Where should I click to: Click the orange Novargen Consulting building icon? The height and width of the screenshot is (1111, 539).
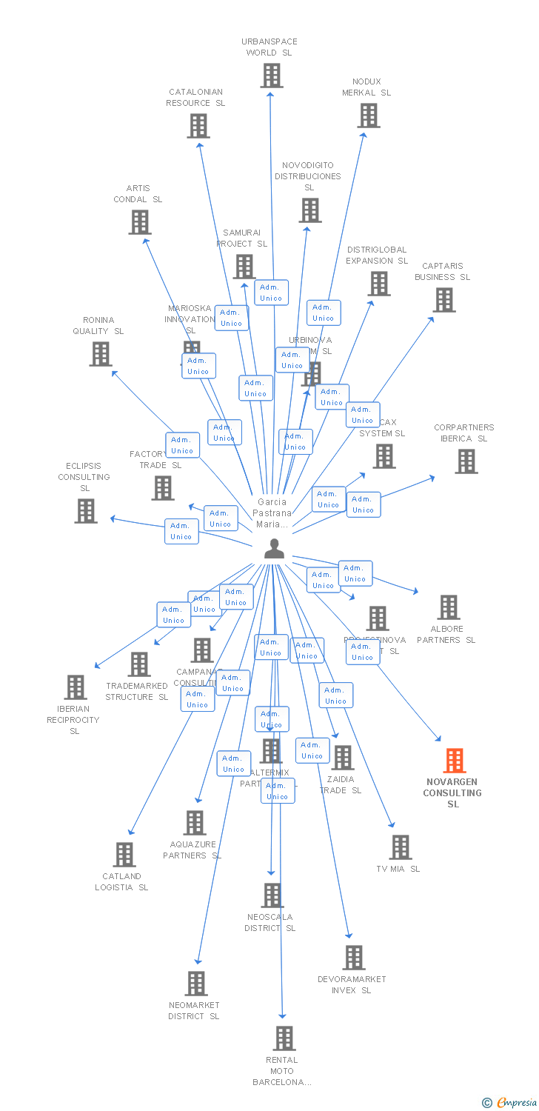click(x=454, y=761)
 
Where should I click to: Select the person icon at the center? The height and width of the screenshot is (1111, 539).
click(x=274, y=549)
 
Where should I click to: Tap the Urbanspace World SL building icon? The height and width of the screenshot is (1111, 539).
click(x=271, y=76)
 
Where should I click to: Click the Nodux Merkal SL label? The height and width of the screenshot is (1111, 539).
click(x=366, y=87)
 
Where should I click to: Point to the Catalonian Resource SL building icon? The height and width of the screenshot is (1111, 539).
click(x=198, y=126)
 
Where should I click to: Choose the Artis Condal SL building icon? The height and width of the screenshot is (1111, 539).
click(x=139, y=222)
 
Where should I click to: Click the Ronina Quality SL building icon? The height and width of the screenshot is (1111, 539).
click(x=101, y=354)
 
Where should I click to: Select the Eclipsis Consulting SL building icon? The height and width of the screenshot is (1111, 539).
click(x=86, y=511)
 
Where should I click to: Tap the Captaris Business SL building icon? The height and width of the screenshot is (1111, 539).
click(x=443, y=300)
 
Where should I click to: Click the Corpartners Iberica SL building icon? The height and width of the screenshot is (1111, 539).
click(x=466, y=461)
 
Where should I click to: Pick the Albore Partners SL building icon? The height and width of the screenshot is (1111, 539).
click(x=448, y=607)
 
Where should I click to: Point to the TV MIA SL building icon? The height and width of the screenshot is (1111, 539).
click(x=400, y=847)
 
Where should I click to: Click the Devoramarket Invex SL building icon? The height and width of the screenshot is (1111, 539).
click(x=353, y=958)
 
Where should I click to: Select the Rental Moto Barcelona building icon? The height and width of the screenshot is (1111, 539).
click(x=284, y=1038)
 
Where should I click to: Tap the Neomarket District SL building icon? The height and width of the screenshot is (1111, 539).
click(x=196, y=984)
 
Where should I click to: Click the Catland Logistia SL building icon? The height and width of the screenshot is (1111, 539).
click(x=124, y=855)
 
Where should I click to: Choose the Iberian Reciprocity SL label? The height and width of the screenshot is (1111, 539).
click(x=73, y=720)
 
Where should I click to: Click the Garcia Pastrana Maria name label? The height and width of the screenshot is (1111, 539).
click(x=272, y=513)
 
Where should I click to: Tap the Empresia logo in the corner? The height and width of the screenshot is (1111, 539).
click(x=510, y=1103)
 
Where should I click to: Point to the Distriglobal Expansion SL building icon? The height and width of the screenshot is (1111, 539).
click(x=378, y=284)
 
